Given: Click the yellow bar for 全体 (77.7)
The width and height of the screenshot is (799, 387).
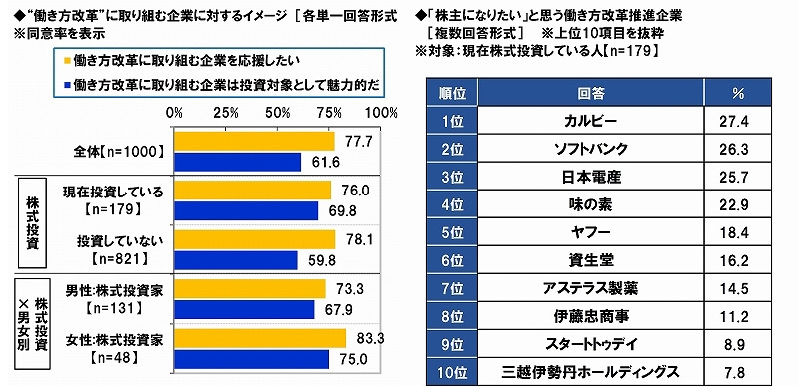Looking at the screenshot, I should coord(254,142).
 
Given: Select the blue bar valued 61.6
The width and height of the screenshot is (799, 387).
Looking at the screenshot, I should coord(237,161).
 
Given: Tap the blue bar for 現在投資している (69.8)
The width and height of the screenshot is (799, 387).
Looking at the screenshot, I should coord(246,210).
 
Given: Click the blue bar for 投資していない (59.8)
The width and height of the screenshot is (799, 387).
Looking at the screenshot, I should coord(235,260).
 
